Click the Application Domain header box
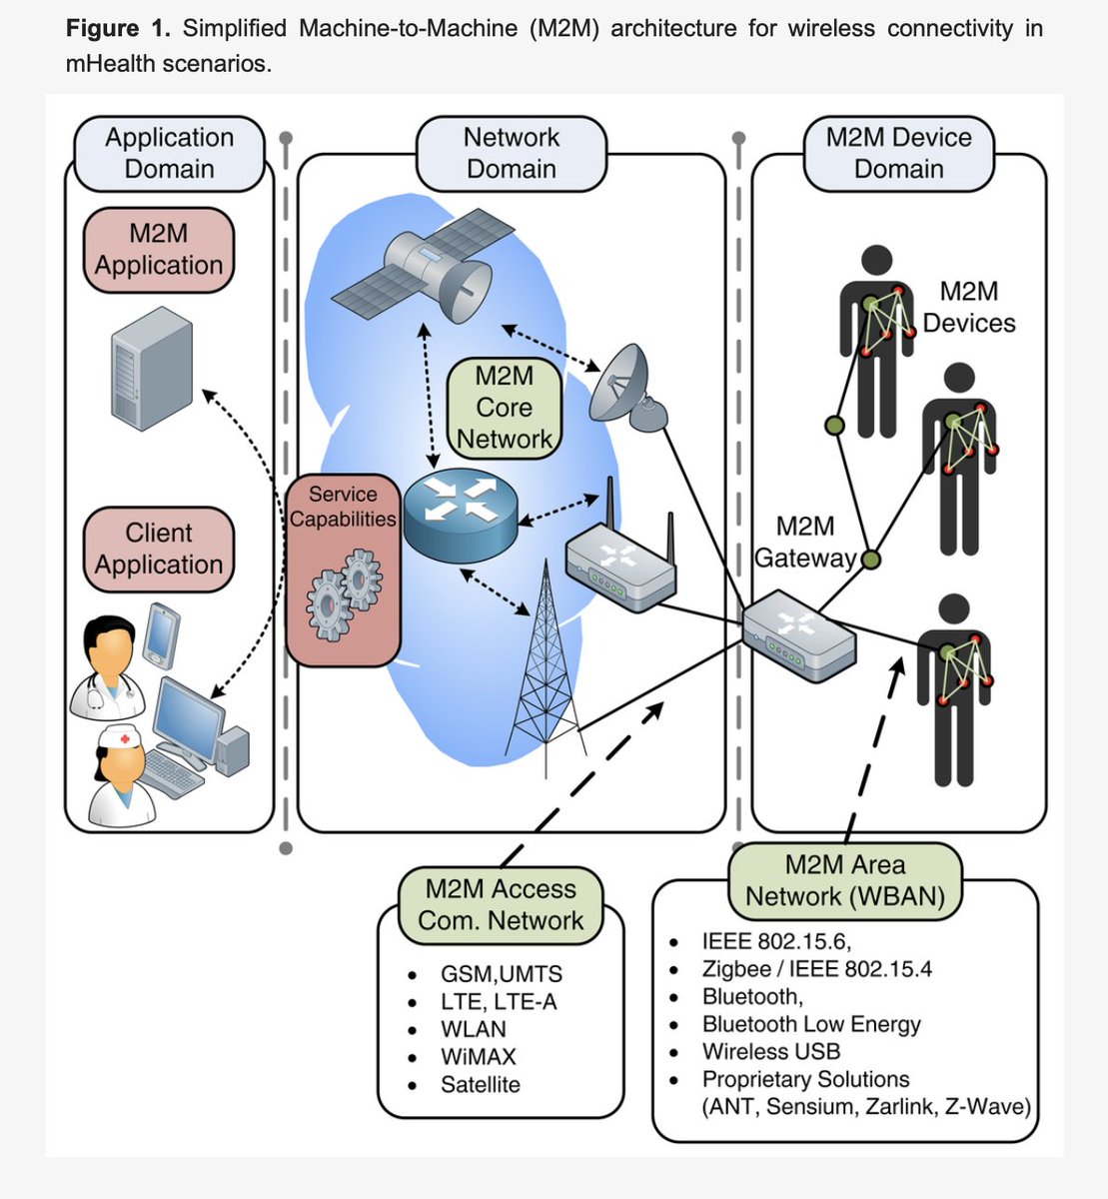pos(169,153)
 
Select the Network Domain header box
pos(511,153)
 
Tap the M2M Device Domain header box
pos(898,153)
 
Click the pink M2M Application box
pos(158,250)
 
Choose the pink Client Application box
pos(158,549)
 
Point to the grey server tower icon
pos(152,369)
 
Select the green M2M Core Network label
pos(505,408)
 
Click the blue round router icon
pos(461,515)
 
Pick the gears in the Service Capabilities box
pos(344,595)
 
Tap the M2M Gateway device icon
pos(799,635)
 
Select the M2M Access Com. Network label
pos(501,905)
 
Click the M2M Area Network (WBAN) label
pos(844,881)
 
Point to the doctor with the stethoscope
pos(109,666)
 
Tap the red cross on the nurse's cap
pos(125,738)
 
